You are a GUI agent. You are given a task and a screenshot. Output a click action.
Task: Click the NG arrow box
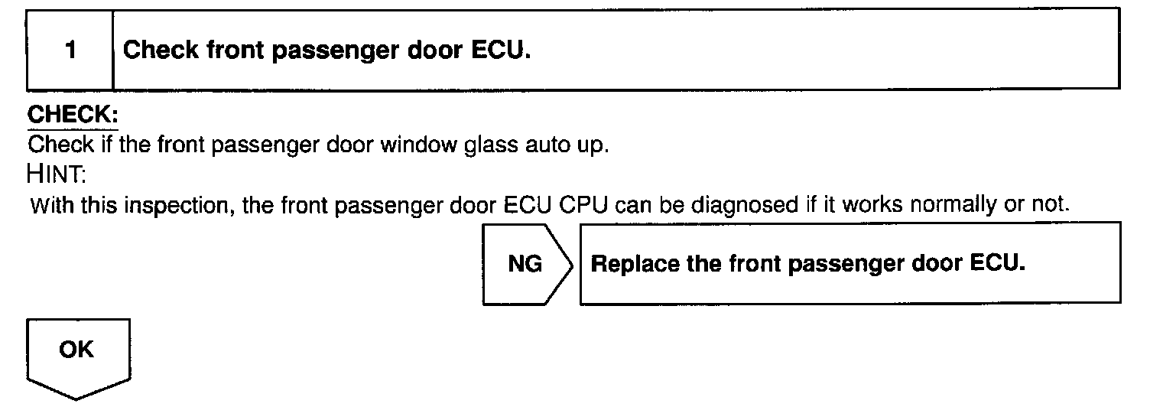[526, 264]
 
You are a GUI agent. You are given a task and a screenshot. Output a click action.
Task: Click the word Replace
[625, 263]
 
